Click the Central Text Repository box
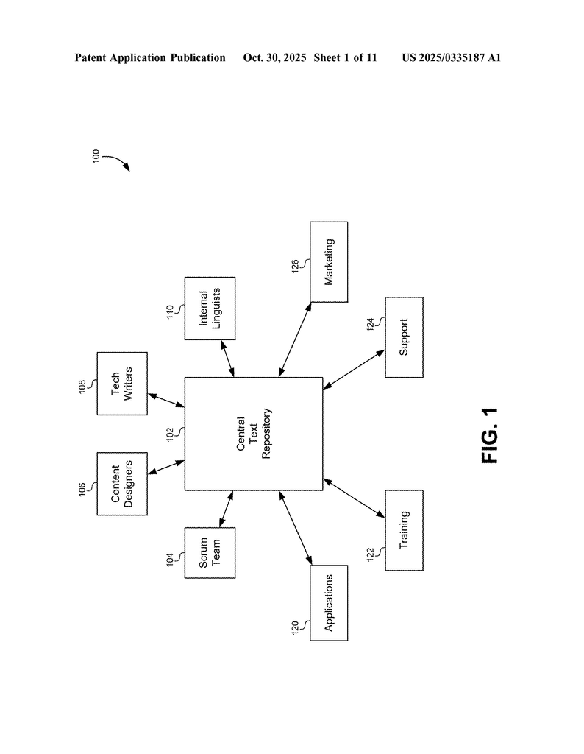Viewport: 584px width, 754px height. tap(253, 434)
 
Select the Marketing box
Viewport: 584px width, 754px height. tap(329, 262)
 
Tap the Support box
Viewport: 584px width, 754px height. tap(404, 337)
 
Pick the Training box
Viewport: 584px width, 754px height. tap(404, 530)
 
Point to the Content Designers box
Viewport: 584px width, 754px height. tap(122, 484)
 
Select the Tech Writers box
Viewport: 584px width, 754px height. tap(122, 384)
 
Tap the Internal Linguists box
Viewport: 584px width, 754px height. tap(210, 309)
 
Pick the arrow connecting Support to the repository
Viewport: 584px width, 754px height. tap(354, 369)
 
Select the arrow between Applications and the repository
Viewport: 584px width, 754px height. tap(295, 529)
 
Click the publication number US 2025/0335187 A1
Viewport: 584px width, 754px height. tap(451, 57)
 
